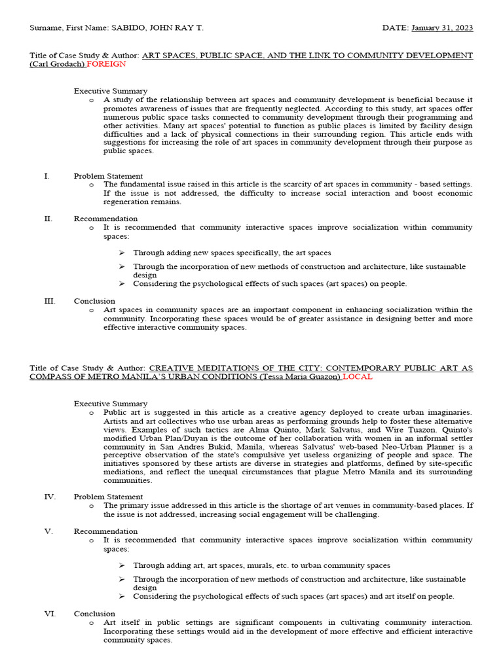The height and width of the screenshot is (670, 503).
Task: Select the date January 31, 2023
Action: click(x=442, y=28)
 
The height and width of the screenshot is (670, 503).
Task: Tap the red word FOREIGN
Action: click(x=107, y=64)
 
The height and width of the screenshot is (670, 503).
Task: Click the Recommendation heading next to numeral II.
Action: click(x=105, y=219)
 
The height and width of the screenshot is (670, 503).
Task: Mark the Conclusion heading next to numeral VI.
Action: click(x=94, y=614)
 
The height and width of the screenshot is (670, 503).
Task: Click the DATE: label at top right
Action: click(x=396, y=28)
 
